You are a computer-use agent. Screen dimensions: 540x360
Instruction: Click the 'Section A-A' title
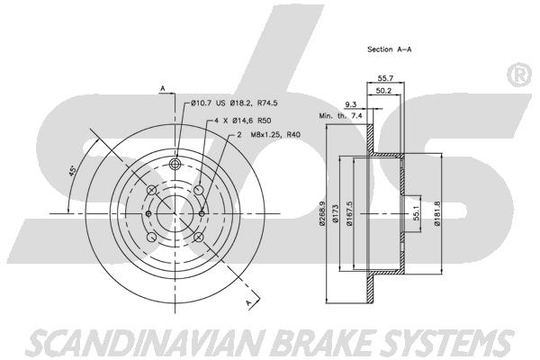click(389, 49)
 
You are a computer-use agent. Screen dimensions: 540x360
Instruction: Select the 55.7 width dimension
click(385, 78)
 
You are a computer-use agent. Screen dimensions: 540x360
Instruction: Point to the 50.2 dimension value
click(383, 91)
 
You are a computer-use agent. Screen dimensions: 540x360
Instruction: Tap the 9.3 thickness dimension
click(351, 104)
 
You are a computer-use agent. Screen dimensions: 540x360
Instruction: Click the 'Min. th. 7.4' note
click(340, 116)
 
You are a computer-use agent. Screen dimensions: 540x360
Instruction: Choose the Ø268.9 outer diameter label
click(322, 213)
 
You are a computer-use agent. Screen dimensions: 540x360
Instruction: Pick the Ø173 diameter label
click(336, 213)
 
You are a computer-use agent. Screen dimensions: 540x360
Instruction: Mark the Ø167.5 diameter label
click(349, 213)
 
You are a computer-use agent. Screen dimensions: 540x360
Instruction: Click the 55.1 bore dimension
click(416, 214)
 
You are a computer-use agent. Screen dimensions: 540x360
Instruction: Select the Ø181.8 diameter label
click(437, 213)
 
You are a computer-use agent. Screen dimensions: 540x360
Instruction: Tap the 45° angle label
click(73, 171)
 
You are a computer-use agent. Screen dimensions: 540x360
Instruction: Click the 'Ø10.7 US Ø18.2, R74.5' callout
click(234, 103)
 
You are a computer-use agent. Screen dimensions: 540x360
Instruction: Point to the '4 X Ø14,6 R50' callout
click(243, 121)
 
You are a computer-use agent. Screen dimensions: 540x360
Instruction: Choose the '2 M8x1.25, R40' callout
click(268, 135)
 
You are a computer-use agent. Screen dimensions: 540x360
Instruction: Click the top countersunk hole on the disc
click(175, 163)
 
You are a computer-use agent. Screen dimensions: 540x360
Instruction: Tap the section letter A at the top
click(163, 89)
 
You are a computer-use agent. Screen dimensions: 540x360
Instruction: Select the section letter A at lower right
click(249, 302)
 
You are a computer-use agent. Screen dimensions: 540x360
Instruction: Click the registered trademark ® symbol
click(519, 76)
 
